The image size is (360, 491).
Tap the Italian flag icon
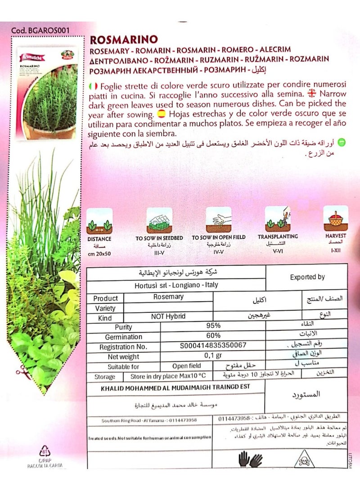[x=94, y=86]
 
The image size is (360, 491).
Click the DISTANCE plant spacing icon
[x=99, y=220]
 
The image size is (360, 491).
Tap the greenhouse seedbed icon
[x=159, y=220]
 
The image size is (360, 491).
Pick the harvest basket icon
[x=336, y=218]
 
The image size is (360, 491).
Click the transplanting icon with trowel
[x=278, y=218]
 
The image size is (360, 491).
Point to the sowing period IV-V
[x=218, y=253]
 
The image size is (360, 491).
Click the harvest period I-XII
[x=335, y=248]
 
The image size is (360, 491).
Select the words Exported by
[x=307, y=277]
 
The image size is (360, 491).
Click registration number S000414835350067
[x=213, y=346]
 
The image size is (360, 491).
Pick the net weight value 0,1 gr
[x=213, y=356]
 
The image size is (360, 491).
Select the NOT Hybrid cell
[x=168, y=316]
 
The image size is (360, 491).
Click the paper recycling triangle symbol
[x=44, y=451]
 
